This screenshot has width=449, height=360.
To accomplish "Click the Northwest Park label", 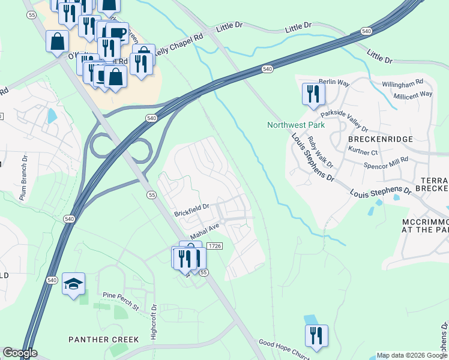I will coord(296,125).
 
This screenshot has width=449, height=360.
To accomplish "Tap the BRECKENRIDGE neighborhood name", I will coord(381,139).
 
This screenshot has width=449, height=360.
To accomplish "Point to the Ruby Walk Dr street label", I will coord(320,152).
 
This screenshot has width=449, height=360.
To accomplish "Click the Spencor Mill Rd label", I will coord(385,162).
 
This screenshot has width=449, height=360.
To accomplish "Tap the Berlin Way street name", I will coord(334,82).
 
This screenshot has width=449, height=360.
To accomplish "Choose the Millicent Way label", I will coord(412,95).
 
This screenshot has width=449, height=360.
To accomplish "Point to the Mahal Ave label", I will coord(206,232).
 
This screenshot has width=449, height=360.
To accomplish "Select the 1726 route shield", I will coord(215,247).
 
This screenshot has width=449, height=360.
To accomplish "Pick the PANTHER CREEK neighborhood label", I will coord(104,339).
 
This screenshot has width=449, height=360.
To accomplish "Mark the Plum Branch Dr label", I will coord(24,178).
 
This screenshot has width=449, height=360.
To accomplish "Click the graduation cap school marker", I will coord(73,284).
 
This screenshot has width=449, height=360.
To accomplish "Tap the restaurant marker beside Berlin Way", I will coord(313,94).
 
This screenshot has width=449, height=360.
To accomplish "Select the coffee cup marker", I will coord(118,32).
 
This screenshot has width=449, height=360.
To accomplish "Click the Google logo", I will coord(19,353).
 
